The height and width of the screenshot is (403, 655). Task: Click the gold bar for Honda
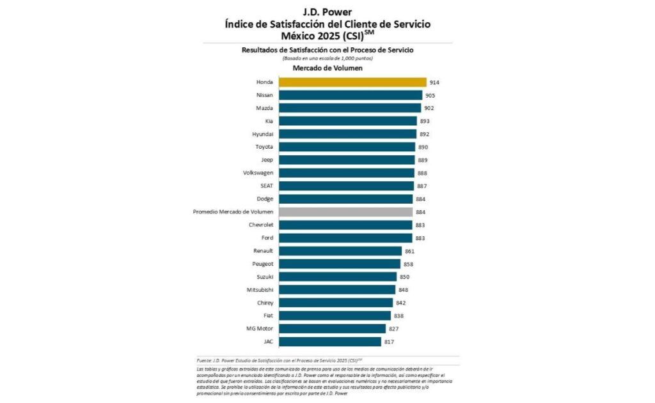click(352, 82)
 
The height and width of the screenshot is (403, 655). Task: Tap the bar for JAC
click(330, 342)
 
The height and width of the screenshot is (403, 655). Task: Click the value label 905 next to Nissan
click(430, 95)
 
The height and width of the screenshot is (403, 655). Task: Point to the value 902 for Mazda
click(429, 108)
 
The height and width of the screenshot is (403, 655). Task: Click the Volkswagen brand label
click(258, 173)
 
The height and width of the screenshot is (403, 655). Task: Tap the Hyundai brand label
click(263, 134)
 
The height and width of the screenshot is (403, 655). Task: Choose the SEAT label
click(267, 186)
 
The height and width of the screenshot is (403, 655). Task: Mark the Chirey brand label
click(265, 303)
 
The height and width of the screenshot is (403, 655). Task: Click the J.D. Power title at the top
click(327, 11)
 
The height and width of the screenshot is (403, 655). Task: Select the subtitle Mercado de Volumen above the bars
click(327, 68)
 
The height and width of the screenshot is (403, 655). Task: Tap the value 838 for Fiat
click(399, 316)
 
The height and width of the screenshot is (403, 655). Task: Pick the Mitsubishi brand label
click(260, 290)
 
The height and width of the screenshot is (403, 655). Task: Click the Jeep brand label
click(267, 160)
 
